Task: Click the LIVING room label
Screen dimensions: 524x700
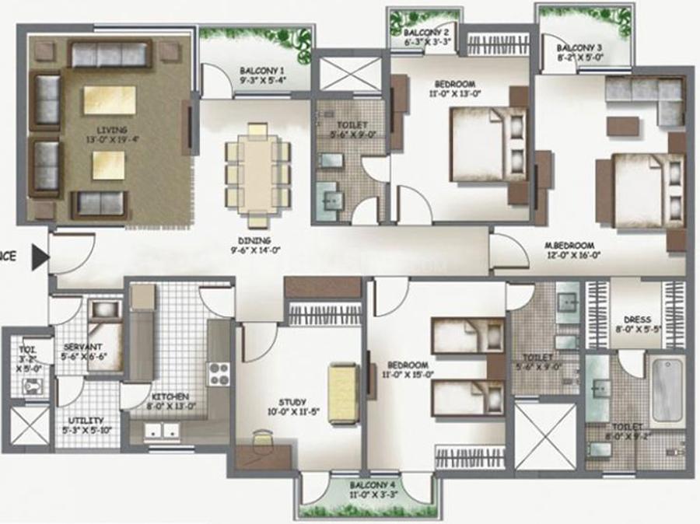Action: coord(107,130)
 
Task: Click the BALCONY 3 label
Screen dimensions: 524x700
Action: coord(575,47)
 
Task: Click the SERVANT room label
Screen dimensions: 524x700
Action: coord(79,348)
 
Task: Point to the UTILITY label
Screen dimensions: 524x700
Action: coord(79,419)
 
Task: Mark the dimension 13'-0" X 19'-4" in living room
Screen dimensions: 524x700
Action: coord(107,139)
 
